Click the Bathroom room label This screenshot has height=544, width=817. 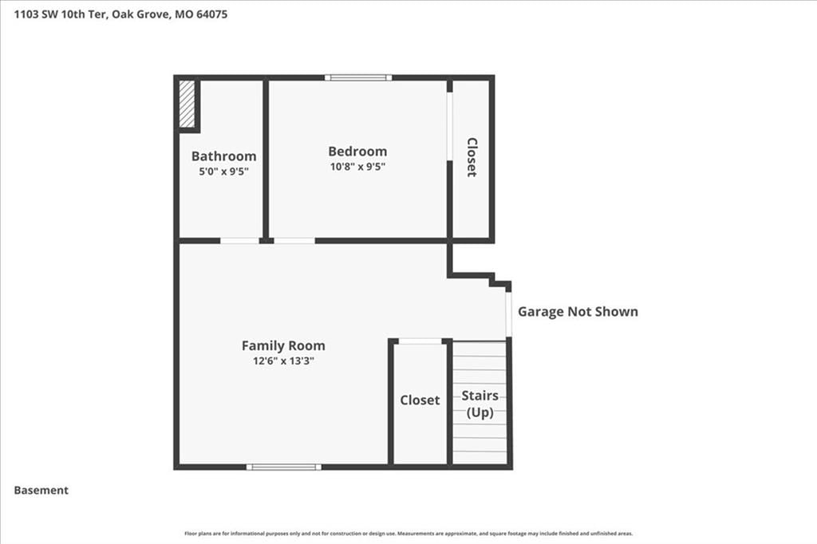pyautogui.click(x=223, y=156)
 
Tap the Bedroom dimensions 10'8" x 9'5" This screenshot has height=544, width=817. pyautogui.click(x=357, y=167)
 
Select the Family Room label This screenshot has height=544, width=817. pyautogui.click(x=283, y=345)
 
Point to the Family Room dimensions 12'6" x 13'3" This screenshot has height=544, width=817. pyautogui.click(x=283, y=361)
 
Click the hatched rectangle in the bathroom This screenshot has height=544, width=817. pyautogui.click(x=187, y=104)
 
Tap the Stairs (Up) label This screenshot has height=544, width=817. pyautogui.click(x=480, y=404)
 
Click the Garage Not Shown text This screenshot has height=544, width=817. pyautogui.click(x=578, y=312)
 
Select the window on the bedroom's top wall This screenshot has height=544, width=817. pyautogui.click(x=358, y=77)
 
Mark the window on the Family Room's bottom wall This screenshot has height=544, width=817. pyautogui.click(x=284, y=467)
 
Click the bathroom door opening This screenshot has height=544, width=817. pyautogui.click(x=239, y=241)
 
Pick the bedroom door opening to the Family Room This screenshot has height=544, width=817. pyautogui.click(x=294, y=241)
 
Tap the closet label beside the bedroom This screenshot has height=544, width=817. pyautogui.click(x=472, y=157)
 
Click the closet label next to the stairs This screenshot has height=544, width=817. pyautogui.click(x=420, y=400)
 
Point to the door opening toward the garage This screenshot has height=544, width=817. pyautogui.click(x=508, y=314)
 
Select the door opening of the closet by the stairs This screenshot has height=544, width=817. pyautogui.click(x=420, y=341)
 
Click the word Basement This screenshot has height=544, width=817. pyautogui.click(x=41, y=491)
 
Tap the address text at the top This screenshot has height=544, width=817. pyautogui.click(x=121, y=14)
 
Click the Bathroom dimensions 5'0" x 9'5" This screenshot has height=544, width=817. pyautogui.click(x=223, y=171)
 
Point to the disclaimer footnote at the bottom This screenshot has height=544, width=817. pyautogui.click(x=408, y=534)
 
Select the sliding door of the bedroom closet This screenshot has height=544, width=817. pyautogui.click(x=450, y=127)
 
